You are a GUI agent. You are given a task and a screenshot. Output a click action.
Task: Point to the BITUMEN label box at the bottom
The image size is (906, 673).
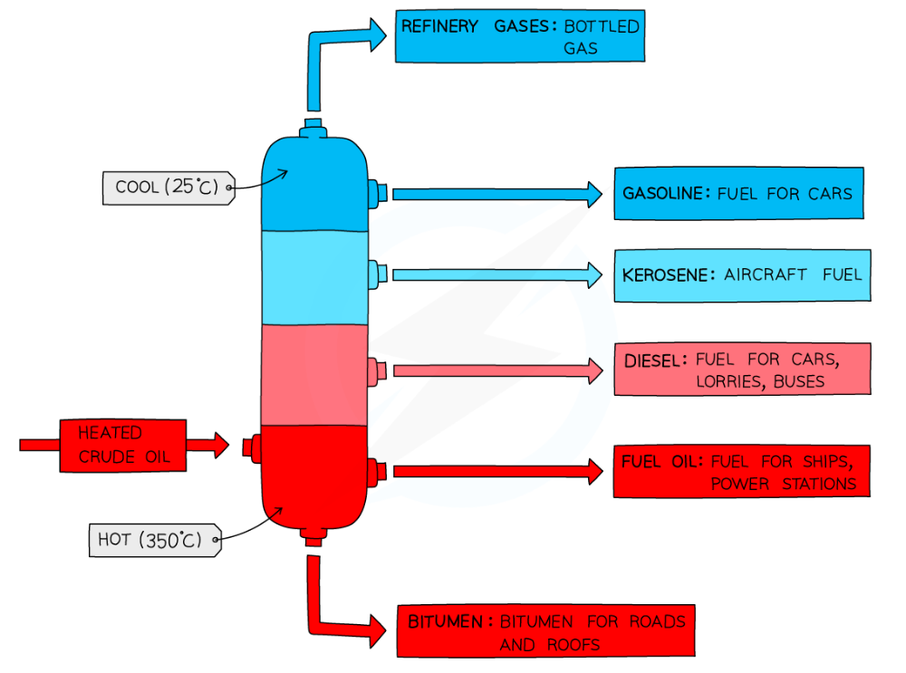pyautogui.click(x=545, y=630)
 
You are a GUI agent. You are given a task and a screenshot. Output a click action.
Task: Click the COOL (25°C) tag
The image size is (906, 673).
pyautogui.click(x=167, y=187)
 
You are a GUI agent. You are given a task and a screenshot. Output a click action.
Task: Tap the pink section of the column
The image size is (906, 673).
pyautogui.click(x=314, y=373)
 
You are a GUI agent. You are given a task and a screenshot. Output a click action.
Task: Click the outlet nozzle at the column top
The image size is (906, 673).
pyautogui.click(x=314, y=126)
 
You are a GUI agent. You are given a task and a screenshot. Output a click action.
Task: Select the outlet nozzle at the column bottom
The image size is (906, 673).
pyautogui.click(x=314, y=540)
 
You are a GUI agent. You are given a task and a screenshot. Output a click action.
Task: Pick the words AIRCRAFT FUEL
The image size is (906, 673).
pyautogui.click(x=793, y=274)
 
